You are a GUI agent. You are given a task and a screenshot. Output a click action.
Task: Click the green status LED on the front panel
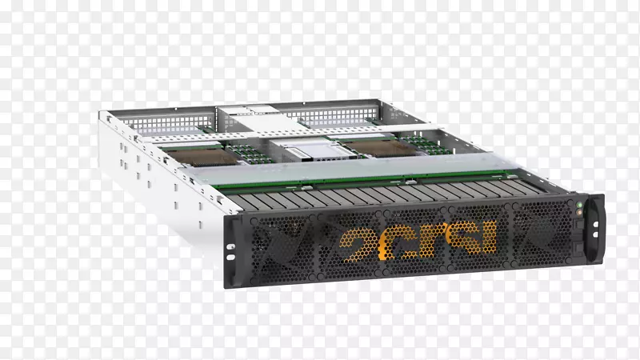(x=578, y=205)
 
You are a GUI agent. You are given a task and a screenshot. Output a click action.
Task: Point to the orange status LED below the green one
(x=578, y=212)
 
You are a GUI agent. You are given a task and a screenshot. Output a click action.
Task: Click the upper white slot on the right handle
(x=595, y=224)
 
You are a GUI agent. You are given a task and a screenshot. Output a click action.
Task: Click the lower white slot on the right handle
(x=595, y=234)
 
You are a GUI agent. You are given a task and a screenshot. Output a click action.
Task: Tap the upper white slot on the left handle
(x=230, y=247)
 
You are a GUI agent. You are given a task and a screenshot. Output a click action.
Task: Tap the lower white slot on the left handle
(x=230, y=258)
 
